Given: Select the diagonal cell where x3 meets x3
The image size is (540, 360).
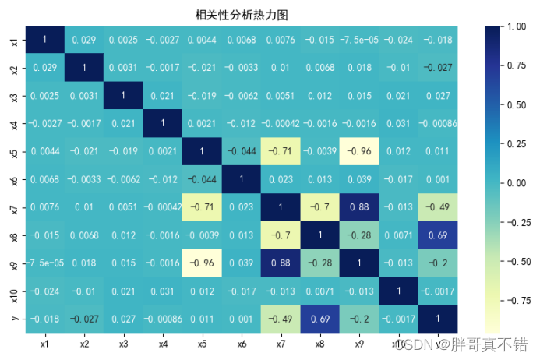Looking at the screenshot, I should pos(124,95).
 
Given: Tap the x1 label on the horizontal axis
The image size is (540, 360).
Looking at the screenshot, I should pos(45,342).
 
